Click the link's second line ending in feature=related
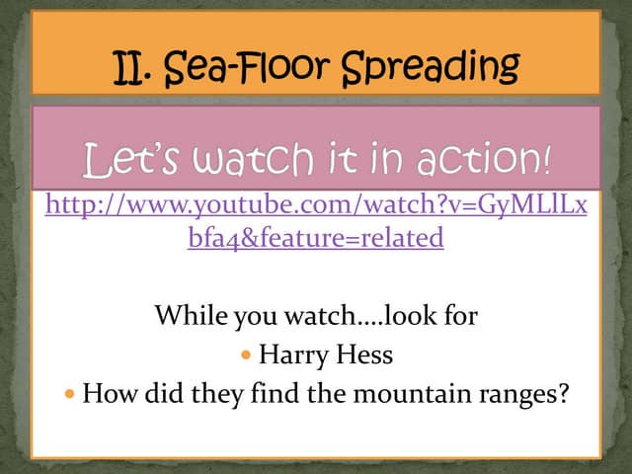[x=316, y=238]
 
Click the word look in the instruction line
[x=410, y=317]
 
